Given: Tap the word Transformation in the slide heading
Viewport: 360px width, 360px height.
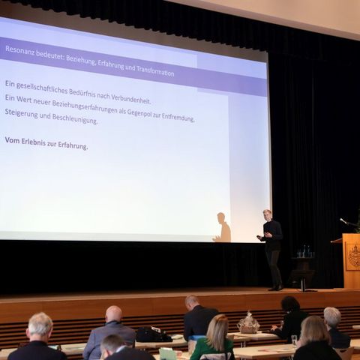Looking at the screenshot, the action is coord(155,71).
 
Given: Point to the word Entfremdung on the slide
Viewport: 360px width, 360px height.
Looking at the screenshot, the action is coord(178,117).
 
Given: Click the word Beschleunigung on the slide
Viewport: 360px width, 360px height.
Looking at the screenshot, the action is coord(75,118).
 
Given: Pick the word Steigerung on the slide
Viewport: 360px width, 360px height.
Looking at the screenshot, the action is coord(21,113).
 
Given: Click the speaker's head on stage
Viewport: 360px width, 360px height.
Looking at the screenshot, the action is coord(268,215).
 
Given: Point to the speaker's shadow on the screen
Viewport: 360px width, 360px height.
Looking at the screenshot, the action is coord(222,228).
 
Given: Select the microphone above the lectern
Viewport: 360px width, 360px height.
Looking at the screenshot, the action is coord(343,221).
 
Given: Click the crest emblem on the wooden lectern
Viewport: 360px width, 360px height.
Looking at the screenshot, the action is coord(352,256).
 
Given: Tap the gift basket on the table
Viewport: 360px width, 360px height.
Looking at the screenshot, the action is coord(248,323).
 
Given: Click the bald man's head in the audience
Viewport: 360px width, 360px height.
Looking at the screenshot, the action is coord(114,313).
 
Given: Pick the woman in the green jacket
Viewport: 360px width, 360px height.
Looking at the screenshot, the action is coord(214,338).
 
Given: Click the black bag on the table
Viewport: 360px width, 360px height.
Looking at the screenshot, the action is coord(153,334).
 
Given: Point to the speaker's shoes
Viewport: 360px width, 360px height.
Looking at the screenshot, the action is coord(276,288).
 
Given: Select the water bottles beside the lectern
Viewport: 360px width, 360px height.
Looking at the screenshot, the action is coord(306,251).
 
